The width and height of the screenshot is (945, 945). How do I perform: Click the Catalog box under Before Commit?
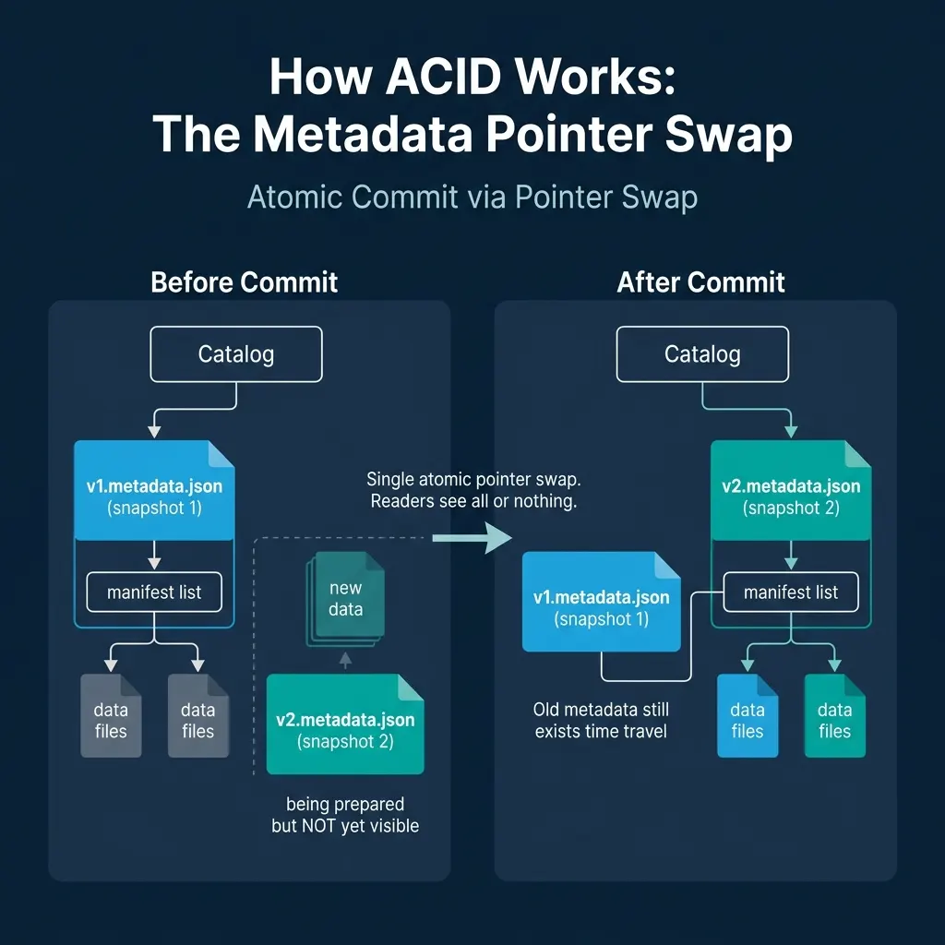point(236,354)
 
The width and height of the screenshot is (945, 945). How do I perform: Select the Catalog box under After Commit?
point(702,354)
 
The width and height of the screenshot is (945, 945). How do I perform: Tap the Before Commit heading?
point(245,281)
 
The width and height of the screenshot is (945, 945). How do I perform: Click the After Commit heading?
point(701,281)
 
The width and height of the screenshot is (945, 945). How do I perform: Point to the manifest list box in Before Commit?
point(154,592)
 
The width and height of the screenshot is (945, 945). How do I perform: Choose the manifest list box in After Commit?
point(791,592)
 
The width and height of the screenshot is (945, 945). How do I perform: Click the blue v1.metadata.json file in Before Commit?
point(154,490)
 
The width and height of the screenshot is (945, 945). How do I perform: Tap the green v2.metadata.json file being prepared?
point(345,724)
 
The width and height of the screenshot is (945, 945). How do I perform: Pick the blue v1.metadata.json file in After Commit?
point(601,603)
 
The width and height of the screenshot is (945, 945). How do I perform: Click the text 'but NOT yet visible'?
point(345,826)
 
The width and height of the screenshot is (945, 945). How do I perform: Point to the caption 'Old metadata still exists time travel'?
point(601,721)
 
